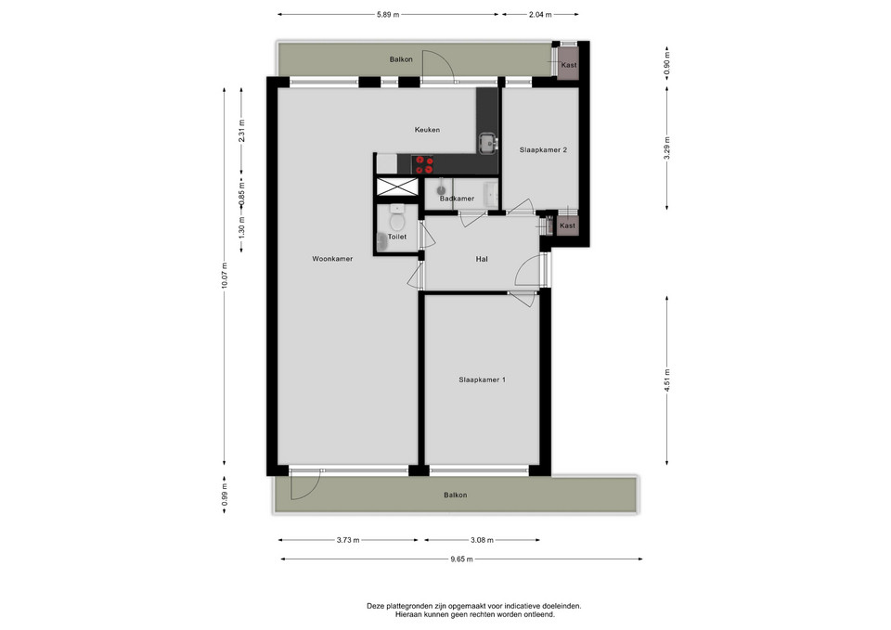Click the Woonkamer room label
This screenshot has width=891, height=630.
(332, 259)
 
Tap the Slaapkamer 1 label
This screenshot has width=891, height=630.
(482, 379)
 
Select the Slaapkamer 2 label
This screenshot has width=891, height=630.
(543, 150)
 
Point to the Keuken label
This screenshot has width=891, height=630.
(427, 130)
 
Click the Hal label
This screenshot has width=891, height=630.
(482, 259)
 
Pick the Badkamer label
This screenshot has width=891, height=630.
(457, 199)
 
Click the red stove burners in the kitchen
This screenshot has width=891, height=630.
(423, 165)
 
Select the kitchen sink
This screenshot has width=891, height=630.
(487, 144)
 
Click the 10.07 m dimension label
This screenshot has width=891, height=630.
(225, 276)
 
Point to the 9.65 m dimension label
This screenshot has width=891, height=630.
(461, 559)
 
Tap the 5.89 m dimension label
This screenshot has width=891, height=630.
(388, 15)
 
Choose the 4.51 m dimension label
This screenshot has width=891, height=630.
(667, 380)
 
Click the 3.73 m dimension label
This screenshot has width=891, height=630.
(348, 540)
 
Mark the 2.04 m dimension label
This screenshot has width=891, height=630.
(540, 15)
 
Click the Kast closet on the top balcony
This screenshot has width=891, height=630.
(568, 64)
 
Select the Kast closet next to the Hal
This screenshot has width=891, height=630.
(567, 226)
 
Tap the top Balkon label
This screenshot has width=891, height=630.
(401, 59)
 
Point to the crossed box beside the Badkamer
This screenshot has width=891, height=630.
(397, 186)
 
